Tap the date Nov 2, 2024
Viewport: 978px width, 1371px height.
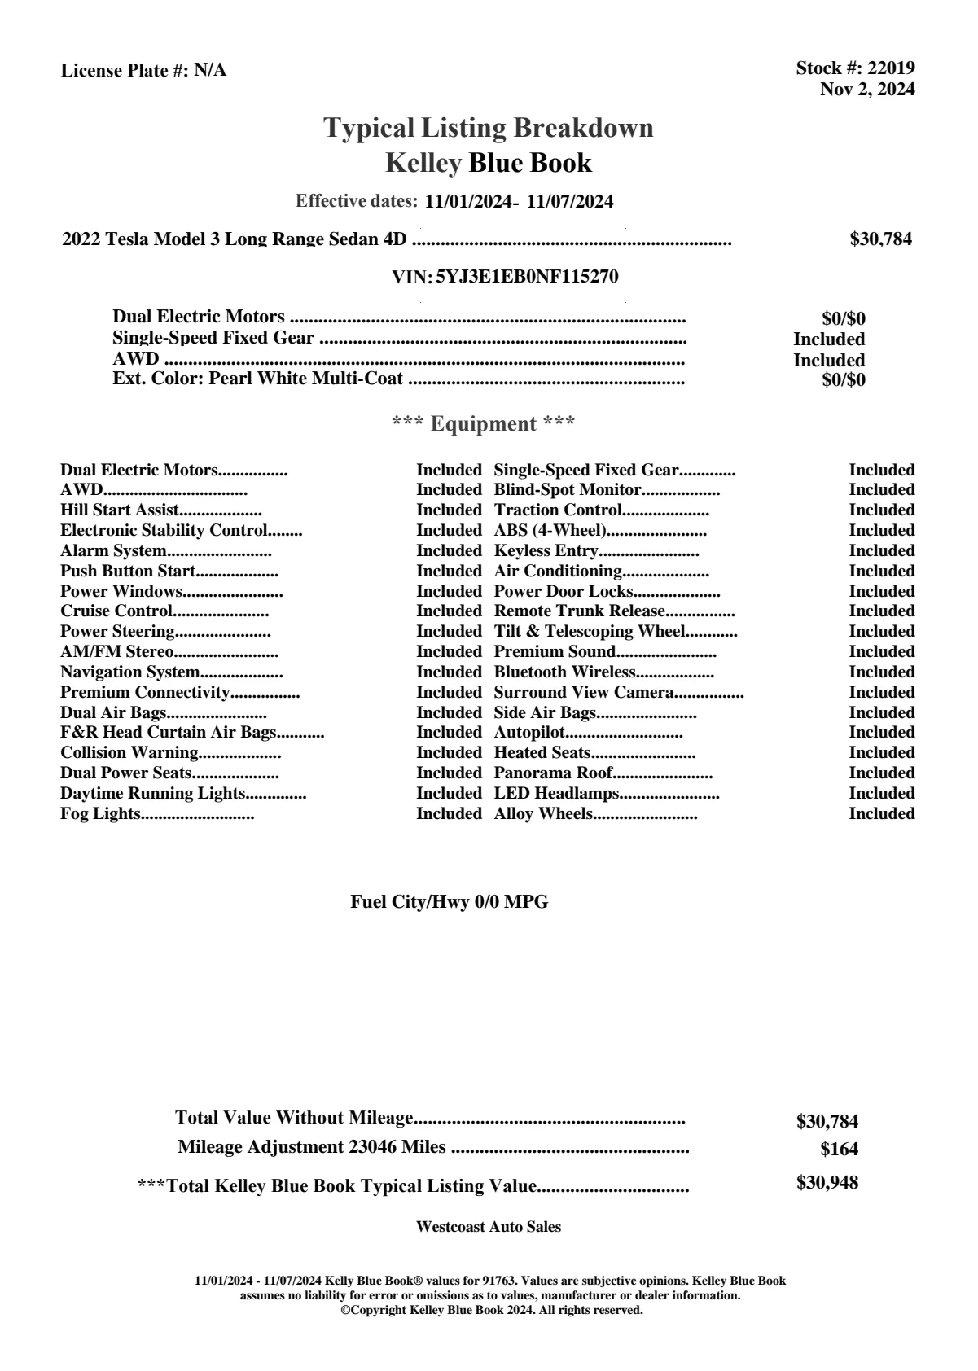(x=866, y=90)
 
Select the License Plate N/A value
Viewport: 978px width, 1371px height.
(x=210, y=71)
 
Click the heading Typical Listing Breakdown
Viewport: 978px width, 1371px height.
(x=489, y=128)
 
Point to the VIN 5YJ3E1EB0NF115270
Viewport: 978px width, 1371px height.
(x=527, y=277)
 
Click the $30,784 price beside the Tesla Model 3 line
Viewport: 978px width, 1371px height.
(x=880, y=239)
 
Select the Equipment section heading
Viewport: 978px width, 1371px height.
(x=484, y=424)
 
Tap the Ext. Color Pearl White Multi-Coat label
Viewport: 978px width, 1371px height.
(x=258, y=379)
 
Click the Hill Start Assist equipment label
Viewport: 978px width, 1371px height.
(x=120, y=510)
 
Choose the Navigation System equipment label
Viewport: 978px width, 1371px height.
(x=130, y=672)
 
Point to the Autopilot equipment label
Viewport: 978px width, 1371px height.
(x=529, y=733)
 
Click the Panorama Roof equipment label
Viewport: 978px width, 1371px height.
(x=553, y=773)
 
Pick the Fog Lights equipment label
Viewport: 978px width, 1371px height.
(x=100, y=814)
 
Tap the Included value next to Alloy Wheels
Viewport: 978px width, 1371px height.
(x=881, y=814)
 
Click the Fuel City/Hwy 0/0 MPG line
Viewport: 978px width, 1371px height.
(x=449, y=902)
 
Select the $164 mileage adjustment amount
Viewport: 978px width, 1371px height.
(x=839, y=1150)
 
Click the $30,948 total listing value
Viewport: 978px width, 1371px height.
(x=827, y=1183)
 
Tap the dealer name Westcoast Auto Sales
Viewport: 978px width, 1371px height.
(x=488, y=1227)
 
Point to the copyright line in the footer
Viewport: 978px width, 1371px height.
(x=491, y=1311)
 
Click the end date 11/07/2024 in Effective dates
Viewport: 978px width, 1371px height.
(x=570, y=202)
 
